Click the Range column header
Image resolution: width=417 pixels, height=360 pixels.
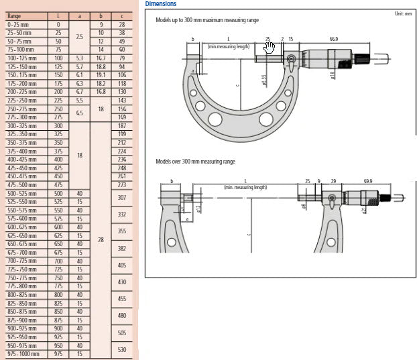(x=14, y=15)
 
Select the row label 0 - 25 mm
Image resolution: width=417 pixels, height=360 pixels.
(x=19, y=24)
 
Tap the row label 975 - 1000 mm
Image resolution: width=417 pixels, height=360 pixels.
(x=23, y=353)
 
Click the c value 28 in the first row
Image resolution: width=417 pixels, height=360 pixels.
(x=123, y=24)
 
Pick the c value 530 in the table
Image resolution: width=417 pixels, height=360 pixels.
(x=123, y=349)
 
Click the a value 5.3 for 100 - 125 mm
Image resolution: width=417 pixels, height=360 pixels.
(x=79, y=58)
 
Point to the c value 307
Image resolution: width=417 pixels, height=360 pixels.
(x=123, y=198)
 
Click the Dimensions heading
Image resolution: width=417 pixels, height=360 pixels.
(x=161, y=4)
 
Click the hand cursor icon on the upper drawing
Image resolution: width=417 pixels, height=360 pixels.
(x=270, y=48)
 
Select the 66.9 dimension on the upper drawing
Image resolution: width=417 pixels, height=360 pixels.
(x=333, y=39)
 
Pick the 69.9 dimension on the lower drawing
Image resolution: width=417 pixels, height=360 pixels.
(x=368, y=181)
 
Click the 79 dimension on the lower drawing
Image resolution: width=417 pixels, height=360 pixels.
(x=333, y=181)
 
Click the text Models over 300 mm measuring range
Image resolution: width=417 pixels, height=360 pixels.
(x=195, y=162)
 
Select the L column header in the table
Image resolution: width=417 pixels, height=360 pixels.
(x=58, y=15)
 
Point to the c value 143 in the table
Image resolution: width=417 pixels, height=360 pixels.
(x=123, y=100)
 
